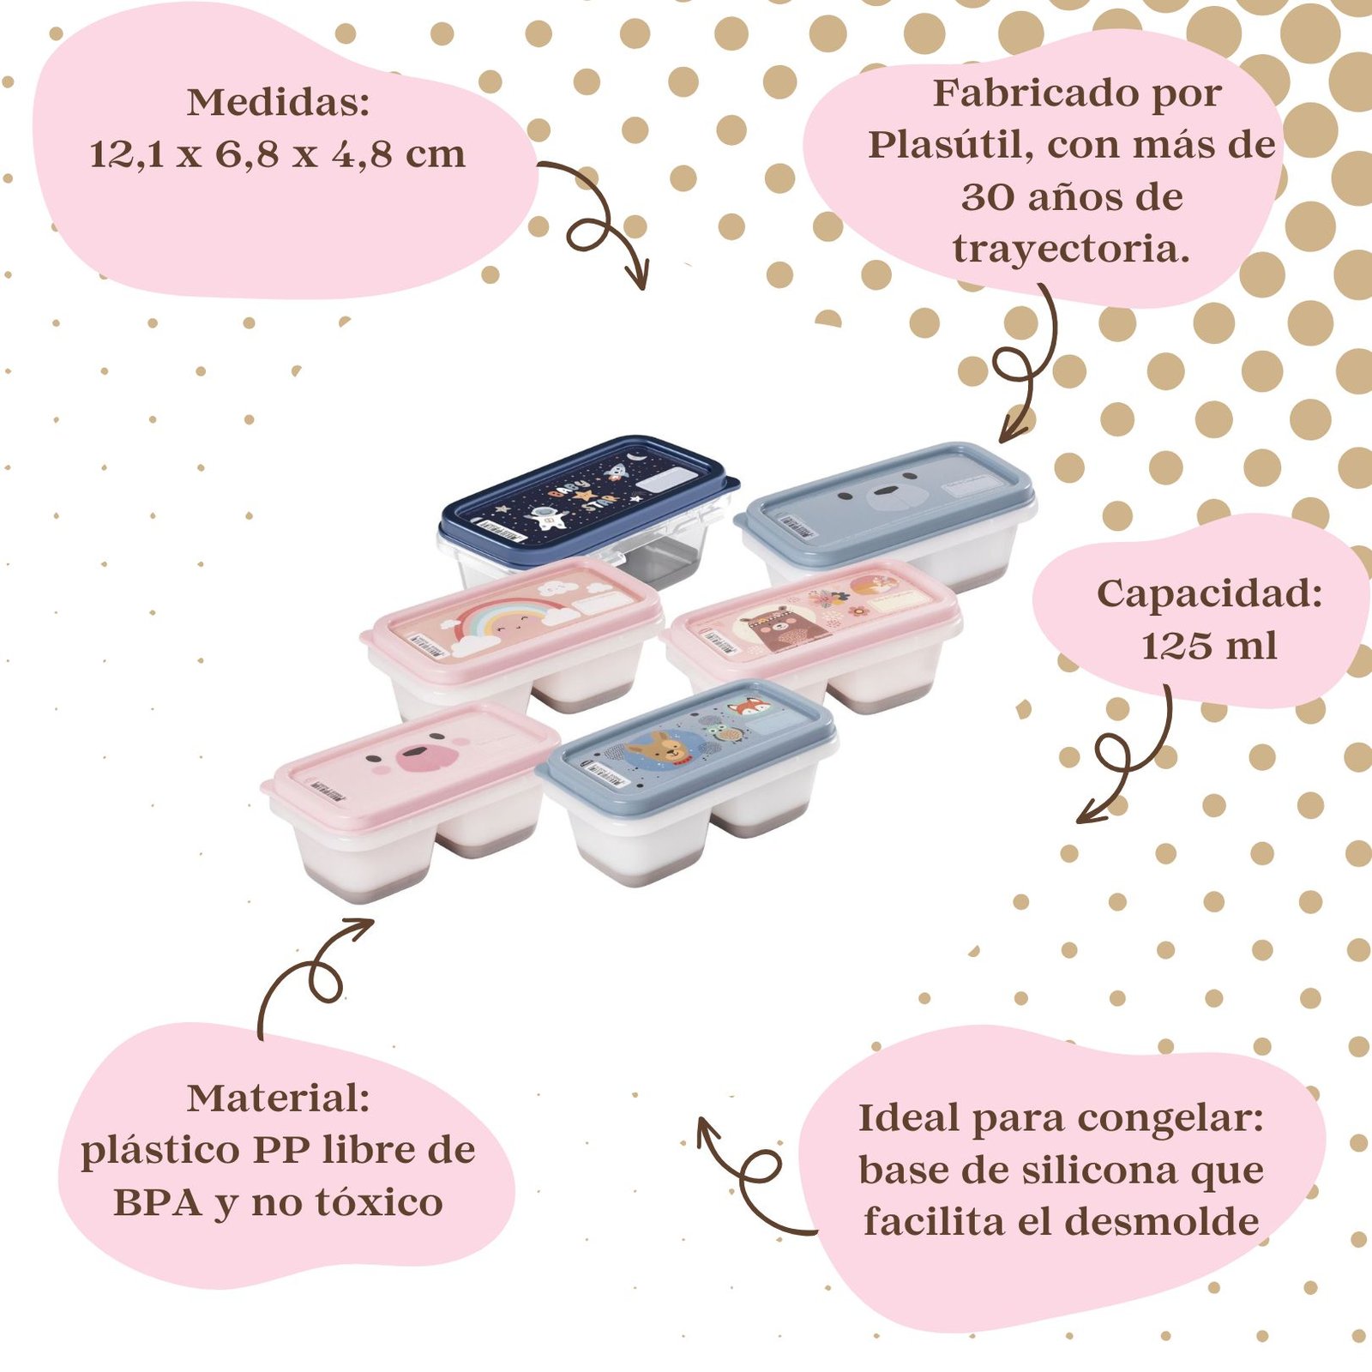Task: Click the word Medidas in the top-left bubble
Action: point(278,103)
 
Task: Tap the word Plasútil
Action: point(949,146)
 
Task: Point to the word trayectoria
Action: point(1071,250)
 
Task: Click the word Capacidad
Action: point(1209,594)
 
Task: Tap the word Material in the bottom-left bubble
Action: point(278,1098)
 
